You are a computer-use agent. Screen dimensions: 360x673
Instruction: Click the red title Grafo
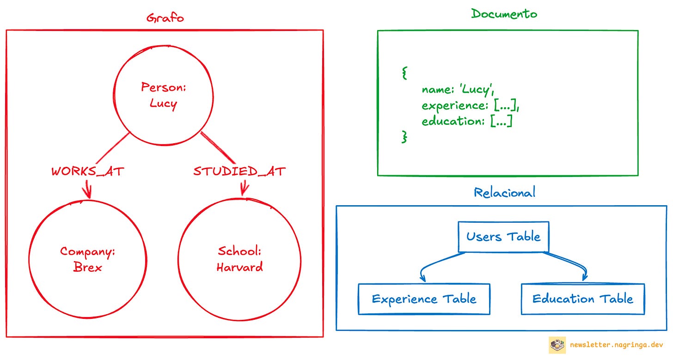point(165,18)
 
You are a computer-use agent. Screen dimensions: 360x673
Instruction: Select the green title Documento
point(504,14)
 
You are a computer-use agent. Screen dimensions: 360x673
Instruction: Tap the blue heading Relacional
point(504,192)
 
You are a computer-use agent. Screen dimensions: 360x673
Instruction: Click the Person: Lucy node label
point(164,95)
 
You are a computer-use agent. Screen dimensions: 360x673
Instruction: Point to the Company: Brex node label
point(87,259)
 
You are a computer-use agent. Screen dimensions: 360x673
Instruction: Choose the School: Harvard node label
point(239,259)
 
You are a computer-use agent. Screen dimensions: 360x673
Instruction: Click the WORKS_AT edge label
point(88,171)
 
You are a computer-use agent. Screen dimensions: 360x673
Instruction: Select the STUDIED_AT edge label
point(239,171)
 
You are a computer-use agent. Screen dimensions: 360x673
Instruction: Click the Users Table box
point(503,237)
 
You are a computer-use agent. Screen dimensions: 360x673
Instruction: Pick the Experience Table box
point(424,299)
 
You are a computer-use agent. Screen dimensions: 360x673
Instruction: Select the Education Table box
point(582,299)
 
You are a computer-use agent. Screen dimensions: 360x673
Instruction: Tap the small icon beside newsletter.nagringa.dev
point(557,345)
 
